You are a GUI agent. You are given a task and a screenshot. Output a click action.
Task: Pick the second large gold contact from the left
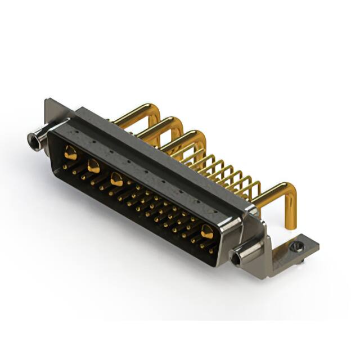[93, 166]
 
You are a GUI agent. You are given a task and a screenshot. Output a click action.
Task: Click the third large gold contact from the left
[116, 180]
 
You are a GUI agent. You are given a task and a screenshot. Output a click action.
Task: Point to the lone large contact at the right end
[206, 231]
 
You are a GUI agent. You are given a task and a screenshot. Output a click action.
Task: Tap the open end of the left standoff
[33, 141]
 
